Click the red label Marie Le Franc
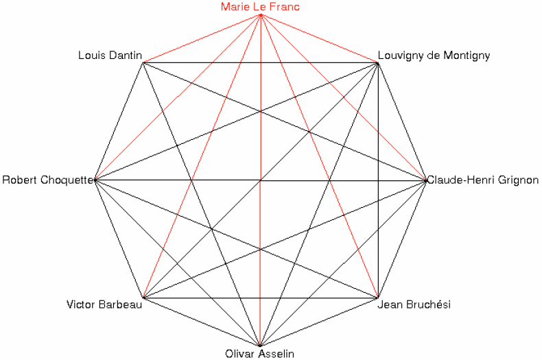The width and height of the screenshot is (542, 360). [x=260, y=7]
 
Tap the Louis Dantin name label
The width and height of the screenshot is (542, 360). [x=110, y=56]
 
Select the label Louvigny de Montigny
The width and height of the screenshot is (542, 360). [x=434, y=56]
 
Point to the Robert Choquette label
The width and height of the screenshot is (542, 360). [x=48, y=180]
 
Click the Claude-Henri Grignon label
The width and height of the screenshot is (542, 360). [x=483, y=180]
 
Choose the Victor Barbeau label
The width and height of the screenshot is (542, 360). [x=104, y=304]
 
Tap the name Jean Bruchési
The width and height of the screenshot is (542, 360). [x=414, y=304]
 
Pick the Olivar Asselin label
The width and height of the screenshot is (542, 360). [x=259, y=353]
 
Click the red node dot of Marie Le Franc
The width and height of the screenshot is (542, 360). [x=260, y=15]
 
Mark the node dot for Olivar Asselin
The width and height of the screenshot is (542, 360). [x=260, y=345]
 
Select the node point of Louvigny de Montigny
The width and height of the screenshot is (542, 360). [x=377, y=63]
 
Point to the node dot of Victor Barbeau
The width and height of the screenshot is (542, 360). [x=143, y=297]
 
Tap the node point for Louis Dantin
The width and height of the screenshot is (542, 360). [x=143, y=63]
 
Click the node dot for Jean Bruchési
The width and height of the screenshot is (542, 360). [x=377, y=297]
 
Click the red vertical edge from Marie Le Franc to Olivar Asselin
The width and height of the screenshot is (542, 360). [x=260, y=180]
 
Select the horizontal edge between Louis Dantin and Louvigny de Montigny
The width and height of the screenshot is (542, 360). [x=260, y=63]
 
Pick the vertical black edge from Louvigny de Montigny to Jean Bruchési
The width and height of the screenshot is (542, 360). [x=378, y=180]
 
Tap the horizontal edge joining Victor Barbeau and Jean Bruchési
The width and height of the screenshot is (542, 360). [x=260, y=298]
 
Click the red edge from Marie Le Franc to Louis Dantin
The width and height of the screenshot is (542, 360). [x=202, y=38]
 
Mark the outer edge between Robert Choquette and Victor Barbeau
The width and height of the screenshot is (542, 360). [x=119, y=239]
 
